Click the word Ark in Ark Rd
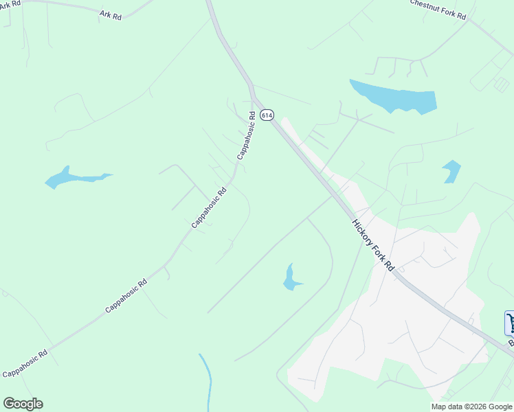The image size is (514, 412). pos(106,13)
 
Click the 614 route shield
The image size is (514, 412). pos(267,115)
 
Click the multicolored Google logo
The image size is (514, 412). pos(23,404)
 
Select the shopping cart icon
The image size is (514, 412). pos(510,323)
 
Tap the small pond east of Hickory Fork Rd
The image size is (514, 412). pos(451,170)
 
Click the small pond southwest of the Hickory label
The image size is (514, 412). pos(291,278)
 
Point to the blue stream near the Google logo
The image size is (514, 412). pos(206,381)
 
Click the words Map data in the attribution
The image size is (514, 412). pos(447,407)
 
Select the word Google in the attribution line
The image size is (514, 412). pos(500,407)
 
